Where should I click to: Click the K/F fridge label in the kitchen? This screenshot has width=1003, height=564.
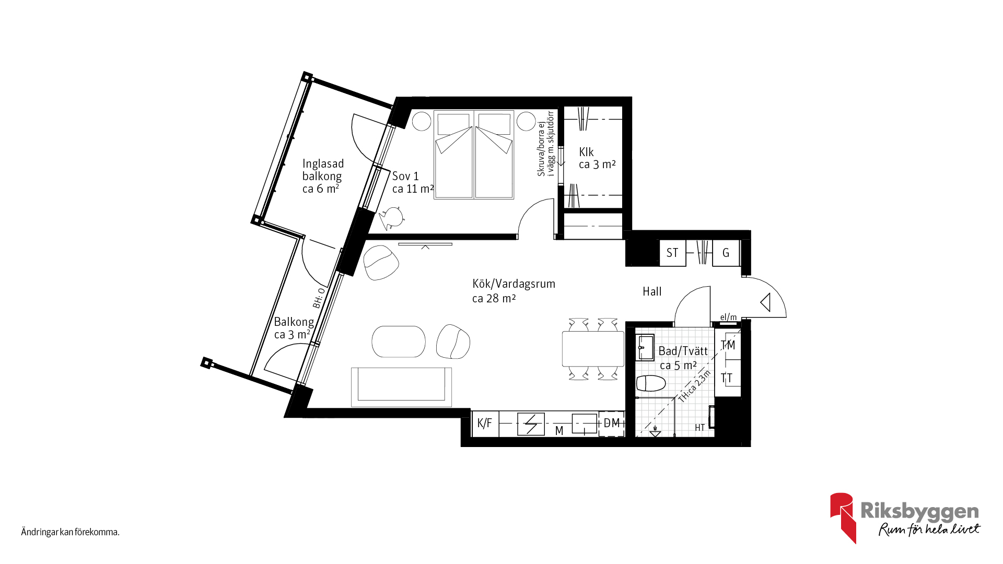[x=484, y=423]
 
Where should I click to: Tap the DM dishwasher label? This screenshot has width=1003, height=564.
[x=612, y=423]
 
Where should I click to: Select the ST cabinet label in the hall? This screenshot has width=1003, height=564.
[x=672, y=253]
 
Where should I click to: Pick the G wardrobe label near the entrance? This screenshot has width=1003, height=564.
[x=726, y=253]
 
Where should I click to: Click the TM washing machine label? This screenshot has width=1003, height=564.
[x=728, y=345]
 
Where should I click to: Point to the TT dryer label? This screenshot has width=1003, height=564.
[x=727, y=378]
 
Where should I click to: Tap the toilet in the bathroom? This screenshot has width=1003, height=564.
[x=651, y=383]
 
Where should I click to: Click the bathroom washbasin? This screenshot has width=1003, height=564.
[x=645, y=347]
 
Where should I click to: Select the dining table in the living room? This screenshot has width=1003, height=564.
[x=593, y=349]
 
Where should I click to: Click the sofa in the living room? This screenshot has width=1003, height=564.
[x=401, y=387]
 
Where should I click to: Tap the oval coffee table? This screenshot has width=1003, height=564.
[x=399, y=342]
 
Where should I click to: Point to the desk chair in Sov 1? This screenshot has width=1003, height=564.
[x=391, y=218]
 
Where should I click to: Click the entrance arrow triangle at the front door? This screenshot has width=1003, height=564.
[x=766, y=302]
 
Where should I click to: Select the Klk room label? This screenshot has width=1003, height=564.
[x=586, y=152]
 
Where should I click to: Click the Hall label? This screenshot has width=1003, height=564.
[x=652, y=291]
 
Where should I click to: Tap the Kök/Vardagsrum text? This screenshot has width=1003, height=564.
[x=514, y=284]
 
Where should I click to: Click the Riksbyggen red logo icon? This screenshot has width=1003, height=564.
[x=843, y=518]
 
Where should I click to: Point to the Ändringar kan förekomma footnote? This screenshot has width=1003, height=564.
[x=71, y=532]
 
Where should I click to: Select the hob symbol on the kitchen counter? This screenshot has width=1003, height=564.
[x=531, y=424]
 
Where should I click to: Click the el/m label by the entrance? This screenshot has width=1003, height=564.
[x=728, y=317]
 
